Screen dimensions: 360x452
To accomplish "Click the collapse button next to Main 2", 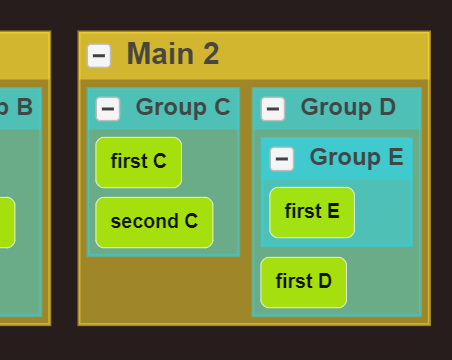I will coord(99,56).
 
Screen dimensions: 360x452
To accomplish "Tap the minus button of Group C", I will coord(108,108).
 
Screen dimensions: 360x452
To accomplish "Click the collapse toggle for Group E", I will coord(282,158).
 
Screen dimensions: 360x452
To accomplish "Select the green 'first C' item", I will coord(138,162).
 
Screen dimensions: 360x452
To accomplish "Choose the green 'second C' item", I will coord(154,222).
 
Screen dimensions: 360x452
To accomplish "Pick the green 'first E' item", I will coord(312,212).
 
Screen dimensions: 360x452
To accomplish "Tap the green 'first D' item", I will coord(303,282).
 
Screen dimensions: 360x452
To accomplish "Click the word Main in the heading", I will coord(160,54).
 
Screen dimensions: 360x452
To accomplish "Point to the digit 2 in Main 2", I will coord(211,54).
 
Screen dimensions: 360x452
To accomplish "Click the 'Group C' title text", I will coord(182,107).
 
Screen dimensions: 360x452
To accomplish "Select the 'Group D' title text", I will coord(347,107).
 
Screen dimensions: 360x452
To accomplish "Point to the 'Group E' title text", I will coord(356,157).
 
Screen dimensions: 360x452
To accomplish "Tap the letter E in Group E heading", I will coord(394,157).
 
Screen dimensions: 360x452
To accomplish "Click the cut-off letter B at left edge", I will coord(24,107).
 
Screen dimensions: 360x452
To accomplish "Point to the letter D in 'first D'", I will coord(324,282).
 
